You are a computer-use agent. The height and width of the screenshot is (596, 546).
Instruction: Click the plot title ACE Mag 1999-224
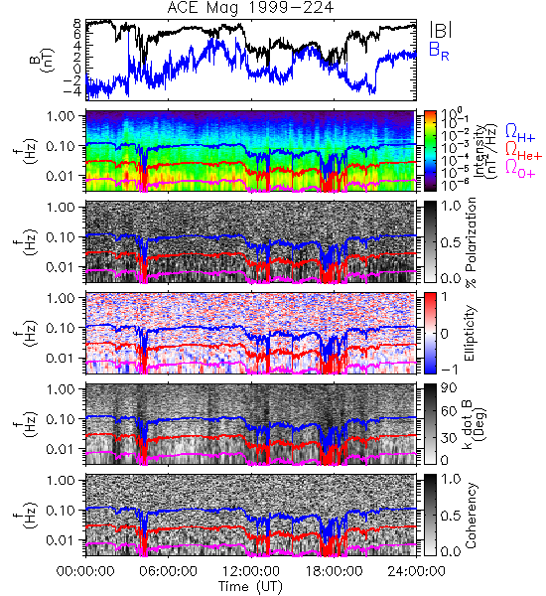click(x=250, y=8)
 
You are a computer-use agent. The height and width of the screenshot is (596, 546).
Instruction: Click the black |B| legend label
click(x=441, y=30)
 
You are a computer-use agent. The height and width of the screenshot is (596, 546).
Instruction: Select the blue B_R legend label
click(x=439, y=51)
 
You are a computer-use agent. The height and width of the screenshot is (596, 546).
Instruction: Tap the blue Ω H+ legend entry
click(x=520, y=133)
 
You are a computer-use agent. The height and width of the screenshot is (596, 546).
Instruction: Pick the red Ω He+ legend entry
click(x=523, y=151)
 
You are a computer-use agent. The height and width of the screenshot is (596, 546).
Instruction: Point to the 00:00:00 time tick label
click(x=85, y=571)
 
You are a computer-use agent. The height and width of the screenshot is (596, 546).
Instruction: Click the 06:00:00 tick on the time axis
click(x=168, y=571)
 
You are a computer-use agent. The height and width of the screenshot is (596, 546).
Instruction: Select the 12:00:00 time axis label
click(x=251, y=571)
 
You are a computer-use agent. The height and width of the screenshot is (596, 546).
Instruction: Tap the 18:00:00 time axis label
click(x=334, y=571)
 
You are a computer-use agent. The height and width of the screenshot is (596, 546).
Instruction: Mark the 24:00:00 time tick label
click(x=416, y=571)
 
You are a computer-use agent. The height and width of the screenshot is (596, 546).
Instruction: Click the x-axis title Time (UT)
click(x=250, y=587)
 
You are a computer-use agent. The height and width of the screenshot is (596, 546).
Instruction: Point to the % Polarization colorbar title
click(x=471, y=242)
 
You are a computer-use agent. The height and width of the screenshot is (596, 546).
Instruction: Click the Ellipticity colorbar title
click(x=470, y=333)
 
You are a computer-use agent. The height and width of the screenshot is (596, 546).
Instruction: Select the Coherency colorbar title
click(x=470, y=516)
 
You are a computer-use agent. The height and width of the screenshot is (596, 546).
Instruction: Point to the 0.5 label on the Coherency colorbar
click(x=451, y=516)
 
